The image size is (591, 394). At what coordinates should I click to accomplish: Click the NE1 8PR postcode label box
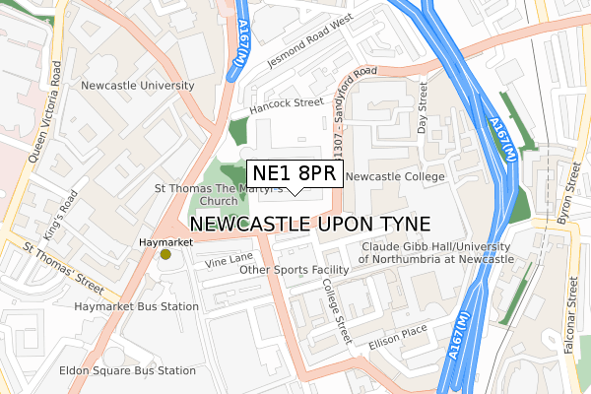pos(295,174)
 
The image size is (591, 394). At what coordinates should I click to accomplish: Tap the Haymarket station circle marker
pos(165,255)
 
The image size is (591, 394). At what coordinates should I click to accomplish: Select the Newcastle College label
pos(396,176)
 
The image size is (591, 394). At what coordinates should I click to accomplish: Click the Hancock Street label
pos(287,101)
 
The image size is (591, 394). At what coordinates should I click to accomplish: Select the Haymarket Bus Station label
pos(136,306)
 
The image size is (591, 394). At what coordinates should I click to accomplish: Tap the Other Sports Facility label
pos(295,269)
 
